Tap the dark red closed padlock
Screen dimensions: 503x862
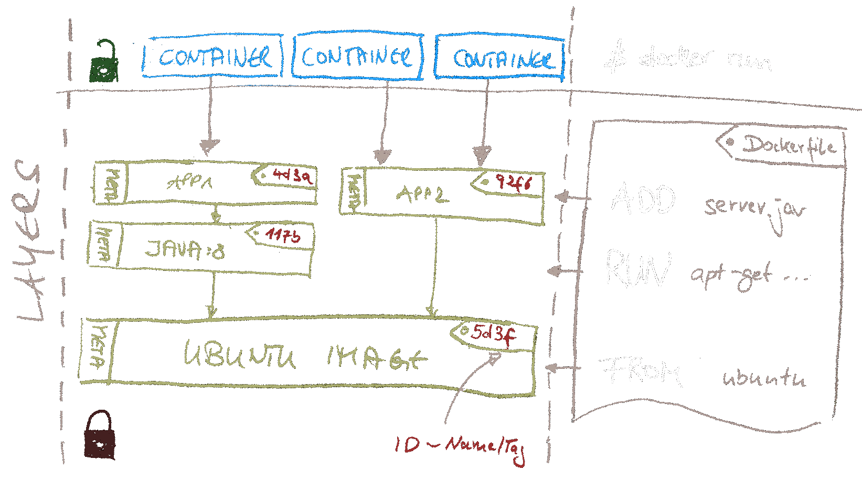click(x=100, y=436)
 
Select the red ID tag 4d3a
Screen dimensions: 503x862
click(x=292, y=175)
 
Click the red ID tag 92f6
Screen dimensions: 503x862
click(x=513, y=183)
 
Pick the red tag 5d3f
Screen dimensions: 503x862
click(x=492, y=333)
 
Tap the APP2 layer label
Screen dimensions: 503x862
click(x=422, y=195)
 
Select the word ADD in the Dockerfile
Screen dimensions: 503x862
click(x=643, y=200)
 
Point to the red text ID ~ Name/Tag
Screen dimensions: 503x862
click(x=459, y=447)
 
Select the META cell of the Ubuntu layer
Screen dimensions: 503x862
click(x=97, y=349)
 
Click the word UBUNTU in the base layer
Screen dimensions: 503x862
click(x=239, y=355)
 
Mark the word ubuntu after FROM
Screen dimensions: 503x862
click(x=763, y=377)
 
